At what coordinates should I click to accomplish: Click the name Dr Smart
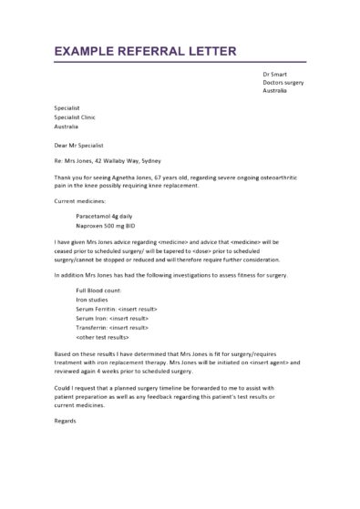[274, 73]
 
